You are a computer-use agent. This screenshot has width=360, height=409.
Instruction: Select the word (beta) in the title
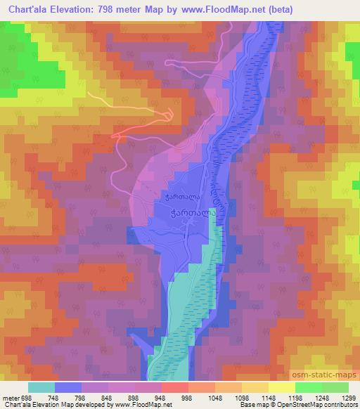pos(277,9)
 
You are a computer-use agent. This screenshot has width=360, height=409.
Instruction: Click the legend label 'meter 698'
pos(17,397)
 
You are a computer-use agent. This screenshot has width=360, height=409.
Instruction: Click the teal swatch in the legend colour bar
pos(41,387)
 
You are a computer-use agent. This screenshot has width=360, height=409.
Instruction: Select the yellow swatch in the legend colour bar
pos(281,387)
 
